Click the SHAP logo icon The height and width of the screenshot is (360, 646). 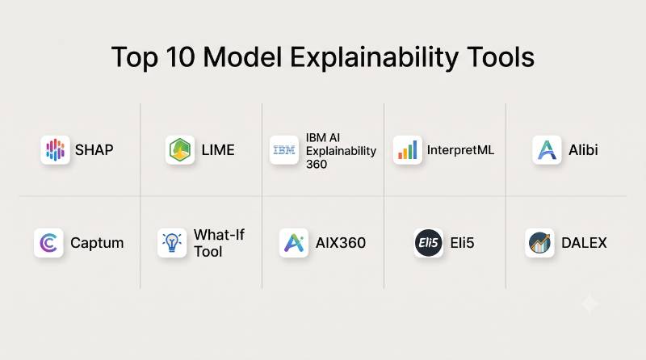tap(55, 150)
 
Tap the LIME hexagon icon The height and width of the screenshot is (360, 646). tap(180, 150)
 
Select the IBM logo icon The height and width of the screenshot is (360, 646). tap(284, 150)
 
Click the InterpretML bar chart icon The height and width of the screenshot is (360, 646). tap(408, 150)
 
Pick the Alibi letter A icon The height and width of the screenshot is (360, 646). tap(547, 150)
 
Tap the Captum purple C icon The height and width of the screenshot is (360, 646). tap(48, 243)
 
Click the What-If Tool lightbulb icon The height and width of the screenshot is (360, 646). tap(172, 243)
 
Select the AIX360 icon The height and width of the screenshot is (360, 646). tap(294, 243)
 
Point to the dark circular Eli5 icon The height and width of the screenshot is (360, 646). tap(429, 243)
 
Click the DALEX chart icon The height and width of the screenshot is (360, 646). tap(539, 243)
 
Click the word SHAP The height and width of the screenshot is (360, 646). tap(94, 150)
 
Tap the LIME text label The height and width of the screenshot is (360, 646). tap(218, 150)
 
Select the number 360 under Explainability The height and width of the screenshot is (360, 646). tap(317, 164)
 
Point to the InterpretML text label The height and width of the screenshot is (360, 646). tap(460, 150)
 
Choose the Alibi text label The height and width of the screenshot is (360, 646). tap(583, 150)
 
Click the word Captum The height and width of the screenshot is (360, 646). tap(97, 243)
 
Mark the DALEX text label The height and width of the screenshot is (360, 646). tap(584, 243)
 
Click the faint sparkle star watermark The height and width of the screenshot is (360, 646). tap(589, 304)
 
